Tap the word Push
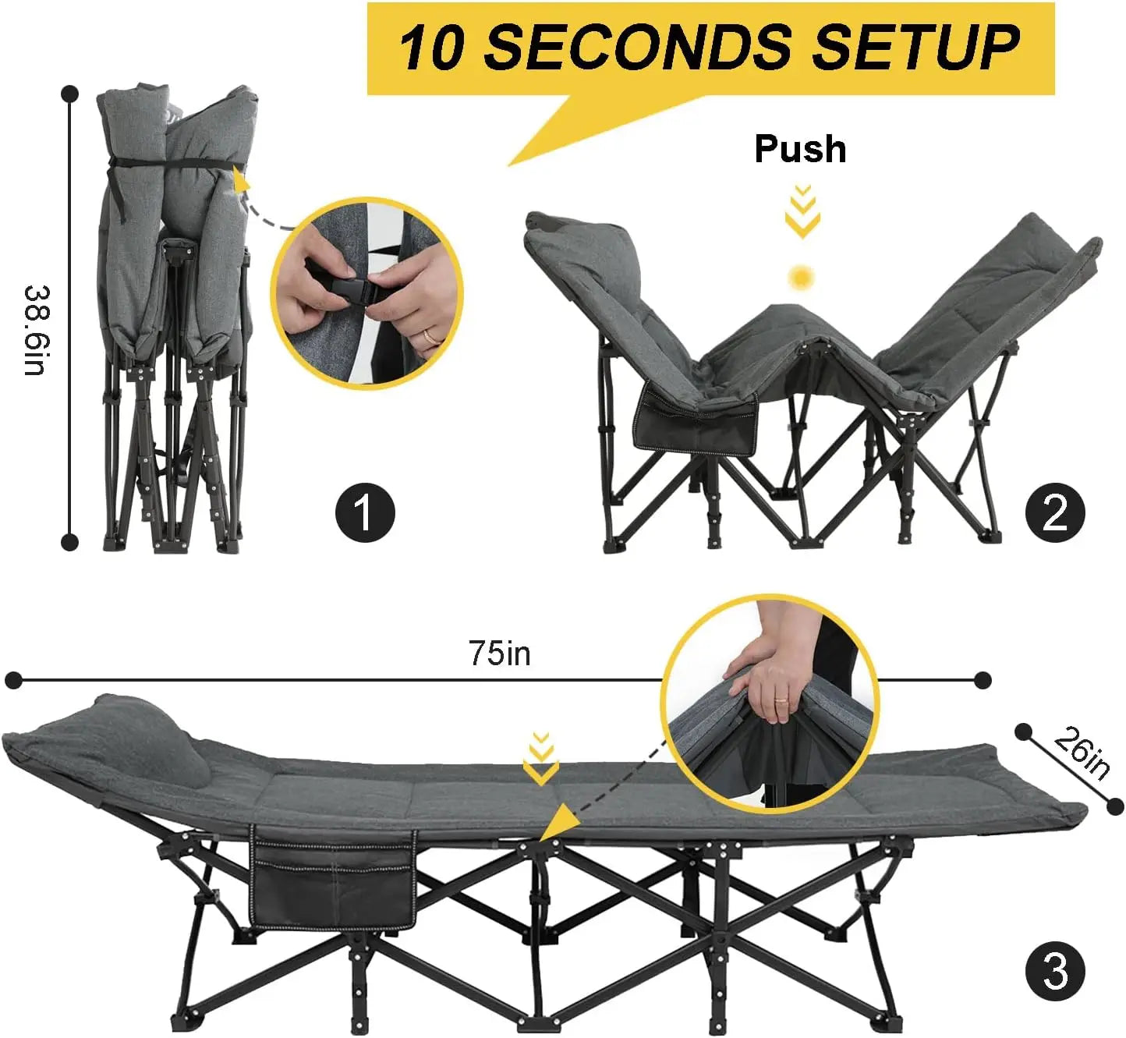pyautogui.click(x=800, y=149)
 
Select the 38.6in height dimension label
pyautogui.click(x=36, y=330)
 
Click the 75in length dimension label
pyautogui.click(x=500, y=653)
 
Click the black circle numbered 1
pyautogui.click(x=365, y=512)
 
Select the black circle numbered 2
pyautogui.click(x=1055, y=512)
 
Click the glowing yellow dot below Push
pyautogui.click(x=801, y=277)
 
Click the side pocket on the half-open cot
pyautogui.click(x=696, y=420)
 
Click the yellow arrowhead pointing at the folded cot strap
pyautogui.click(x=241, y=182)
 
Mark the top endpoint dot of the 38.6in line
pyautogui.click(x=70, y=94)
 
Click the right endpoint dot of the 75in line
pyautogui.click(x=983, y=680)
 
